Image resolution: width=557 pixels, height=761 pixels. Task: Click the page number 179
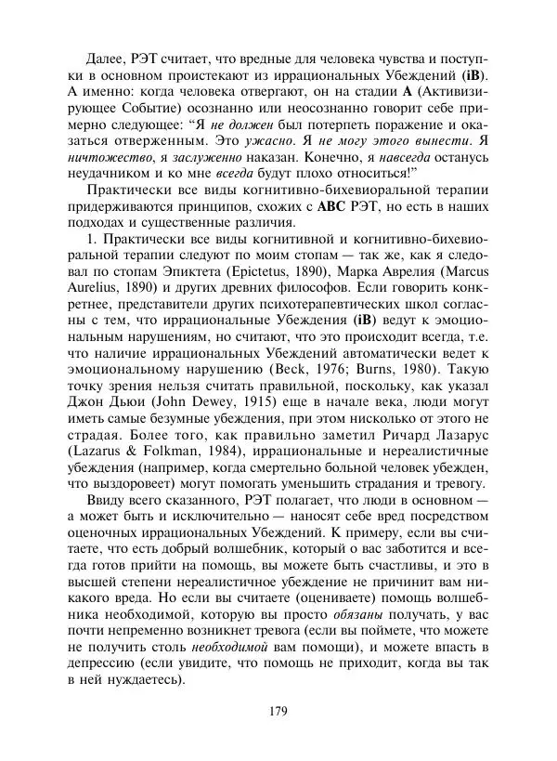(x=278, y=711)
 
